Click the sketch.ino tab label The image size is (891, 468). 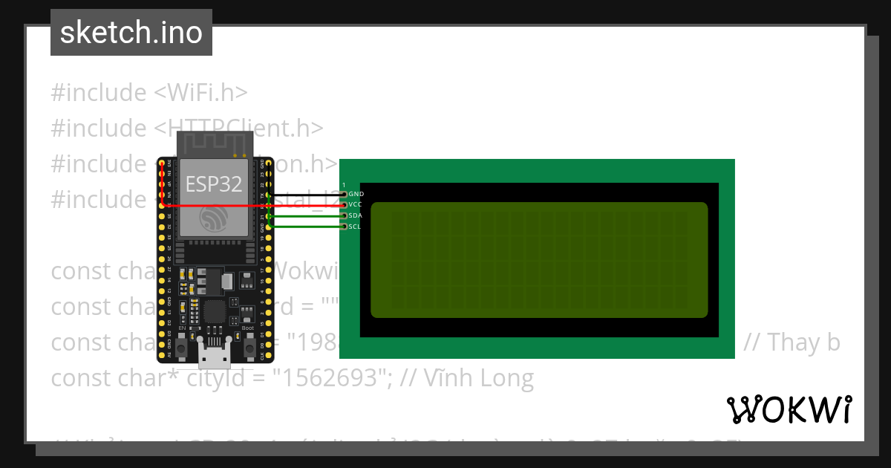click(x=131, y=33)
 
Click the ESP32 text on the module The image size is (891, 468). click(x=214, y=183)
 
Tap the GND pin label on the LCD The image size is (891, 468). click(x=356, y=194)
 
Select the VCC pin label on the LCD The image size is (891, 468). click(x=356, y=204)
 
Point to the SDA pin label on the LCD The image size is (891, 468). click(x=356, y=215)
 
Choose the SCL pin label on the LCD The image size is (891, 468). click(x=355, y=227)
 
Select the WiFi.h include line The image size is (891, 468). click(x=148, y=92)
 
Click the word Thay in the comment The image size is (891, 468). click(x=793, y=342)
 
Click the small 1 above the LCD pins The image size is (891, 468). click(x=344, y=184)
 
